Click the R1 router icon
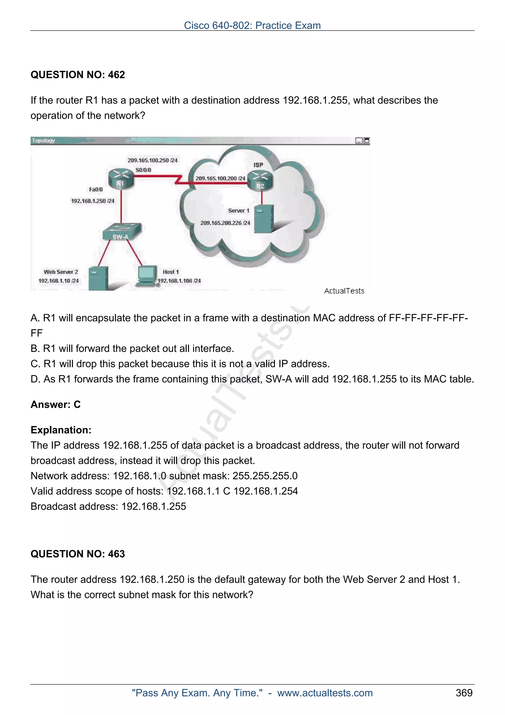(x=121, y=178)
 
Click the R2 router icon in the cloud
(x=260, y=181)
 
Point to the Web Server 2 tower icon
(x=98, y=278)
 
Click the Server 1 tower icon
(x=264, y=219)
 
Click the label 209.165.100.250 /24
(x=152, y=160)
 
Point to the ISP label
(x=258, y=165)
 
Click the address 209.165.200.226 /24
(x=225, y=223)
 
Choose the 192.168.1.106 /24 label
(x=179, y=281)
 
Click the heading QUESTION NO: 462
(x=77, y=75)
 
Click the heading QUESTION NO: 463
(x=77, y=554)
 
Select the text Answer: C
(x=55, y=405)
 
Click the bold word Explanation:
(x=61, y=430)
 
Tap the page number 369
(x=464, y=693)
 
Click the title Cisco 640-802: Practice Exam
(x=252, y=26)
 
